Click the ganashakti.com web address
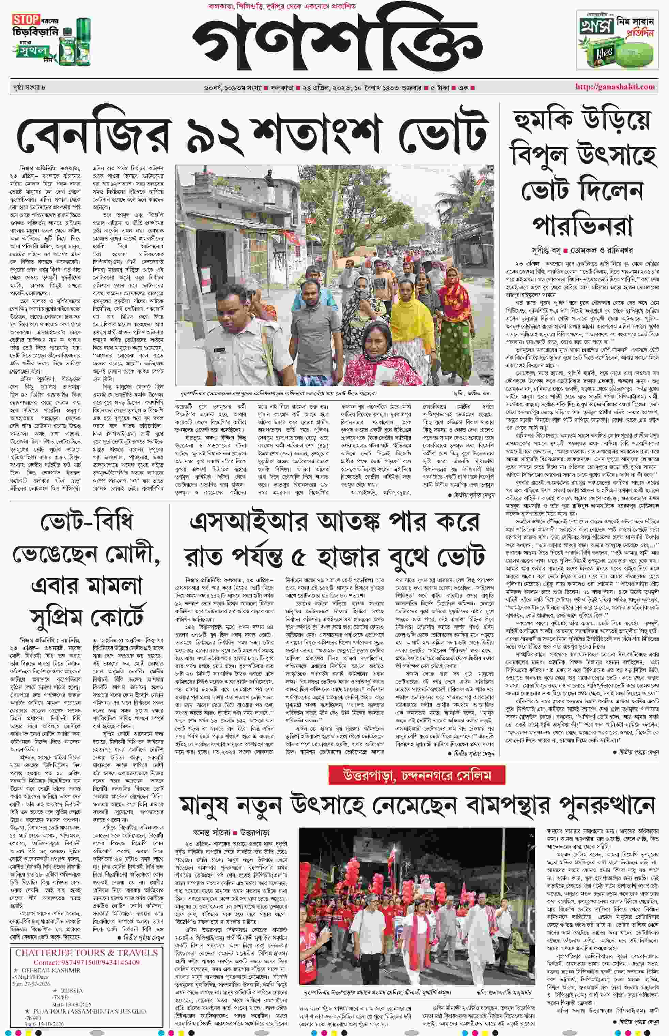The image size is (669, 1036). [x=615, y=87]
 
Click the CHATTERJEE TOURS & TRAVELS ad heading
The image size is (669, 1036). [x=87, y=953]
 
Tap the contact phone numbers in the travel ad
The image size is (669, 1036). [x=86, y=962]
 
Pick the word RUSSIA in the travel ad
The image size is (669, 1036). [x=72, y=991]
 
